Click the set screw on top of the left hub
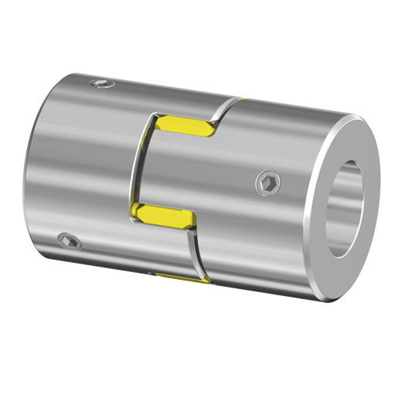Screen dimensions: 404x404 click(103, 83)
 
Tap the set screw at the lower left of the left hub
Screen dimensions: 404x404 click(70, 241)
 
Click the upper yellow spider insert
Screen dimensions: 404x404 click(186, 126)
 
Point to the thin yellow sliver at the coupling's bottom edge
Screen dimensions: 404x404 click(182, 276)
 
